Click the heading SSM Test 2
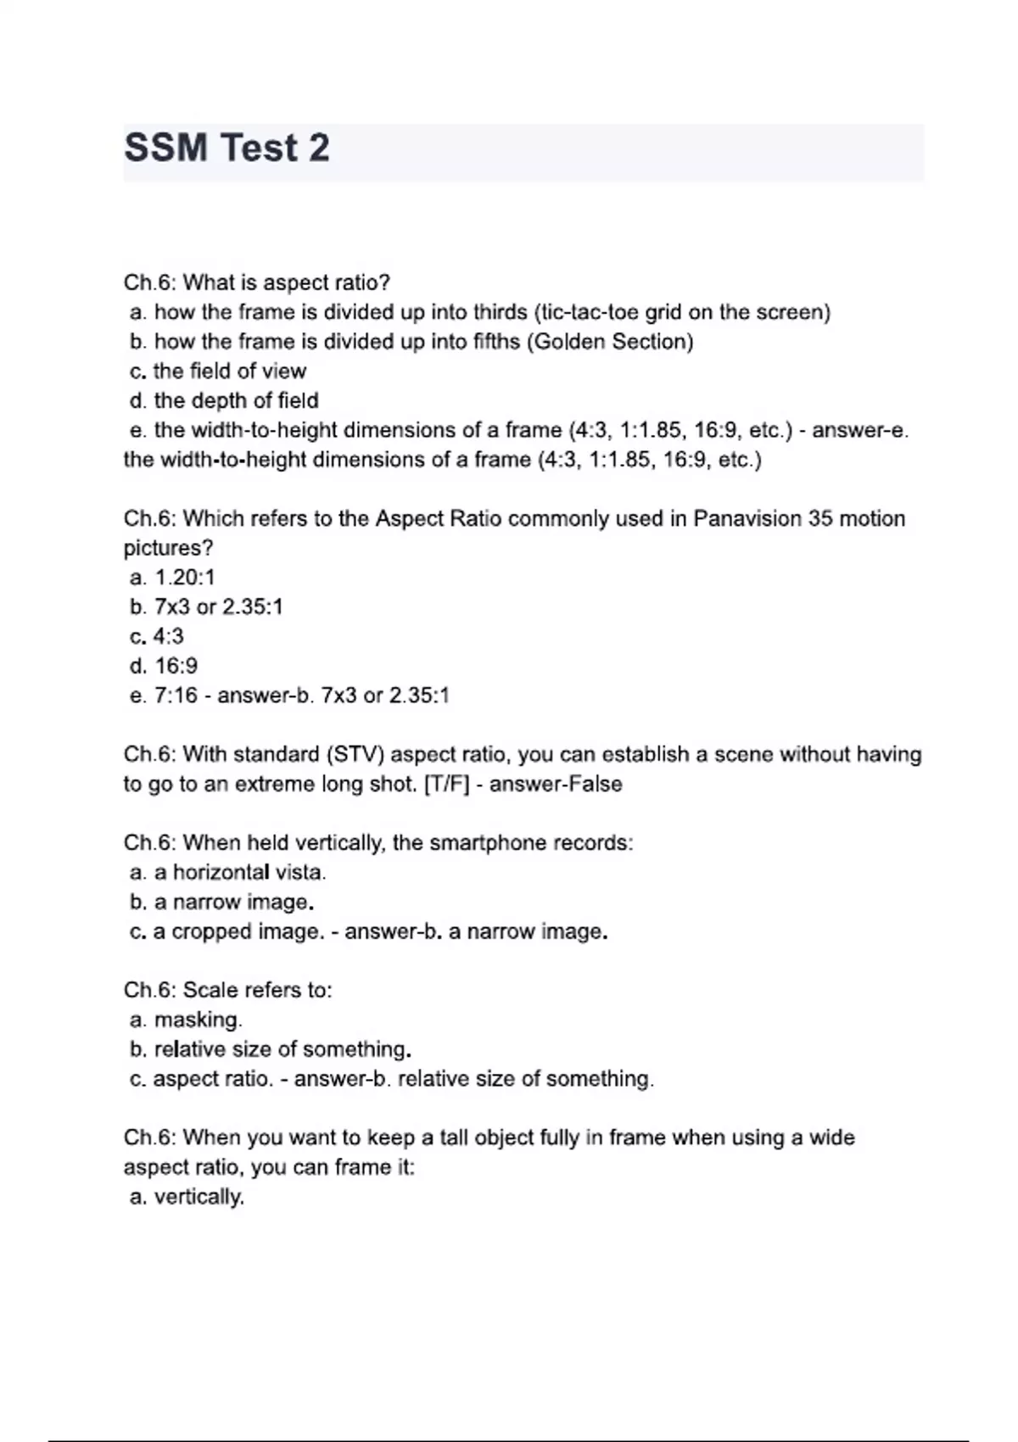(227, 148)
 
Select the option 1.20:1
(185, 578)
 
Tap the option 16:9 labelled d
(176, 666)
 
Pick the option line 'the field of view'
(229, 371)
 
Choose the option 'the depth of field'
(236, 400)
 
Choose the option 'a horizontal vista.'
(240, 872)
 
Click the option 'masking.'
(198, 1020)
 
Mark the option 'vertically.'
(199, 1197)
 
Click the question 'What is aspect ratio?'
(286, 282)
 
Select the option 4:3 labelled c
(168, 636)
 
